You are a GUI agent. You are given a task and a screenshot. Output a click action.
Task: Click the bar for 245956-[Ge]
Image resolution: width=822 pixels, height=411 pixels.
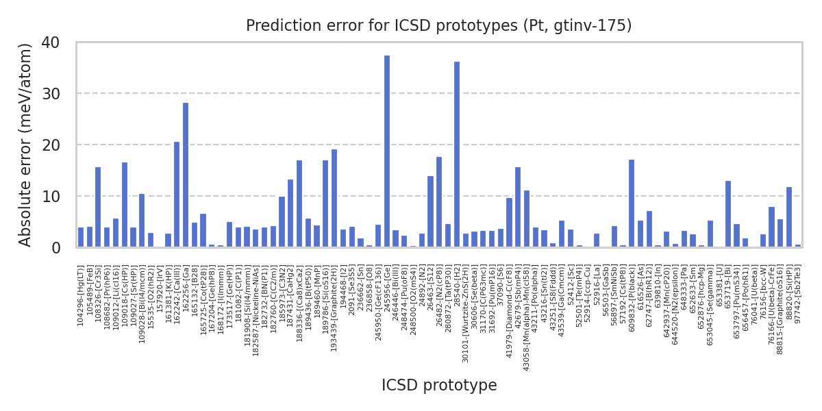387,151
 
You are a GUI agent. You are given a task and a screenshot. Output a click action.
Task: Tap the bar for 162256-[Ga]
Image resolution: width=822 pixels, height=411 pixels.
186,175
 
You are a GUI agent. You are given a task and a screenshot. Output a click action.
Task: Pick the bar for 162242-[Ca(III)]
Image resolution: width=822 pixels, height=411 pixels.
177,195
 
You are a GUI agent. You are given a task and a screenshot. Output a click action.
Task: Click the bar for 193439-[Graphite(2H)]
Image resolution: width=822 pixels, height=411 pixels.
334,198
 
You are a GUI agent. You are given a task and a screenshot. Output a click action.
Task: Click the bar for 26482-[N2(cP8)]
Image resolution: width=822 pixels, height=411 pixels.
439,202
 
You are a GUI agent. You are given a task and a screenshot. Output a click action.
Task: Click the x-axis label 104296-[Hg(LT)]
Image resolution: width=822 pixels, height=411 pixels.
81,295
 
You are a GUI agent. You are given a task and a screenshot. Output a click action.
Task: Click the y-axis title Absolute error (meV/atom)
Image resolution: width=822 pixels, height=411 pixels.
26,145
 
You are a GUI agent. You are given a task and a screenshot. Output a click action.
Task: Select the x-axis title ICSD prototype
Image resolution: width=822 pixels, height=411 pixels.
439,386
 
